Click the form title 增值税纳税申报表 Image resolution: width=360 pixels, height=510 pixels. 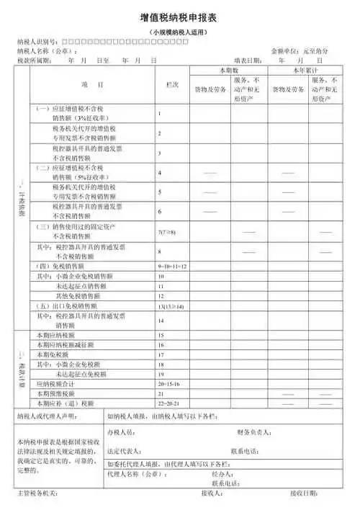click(x=179, y=19)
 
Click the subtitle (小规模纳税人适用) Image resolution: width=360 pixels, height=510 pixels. click(x=180, y=34)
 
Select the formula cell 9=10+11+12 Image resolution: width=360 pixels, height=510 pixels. click(x=172, y=267)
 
